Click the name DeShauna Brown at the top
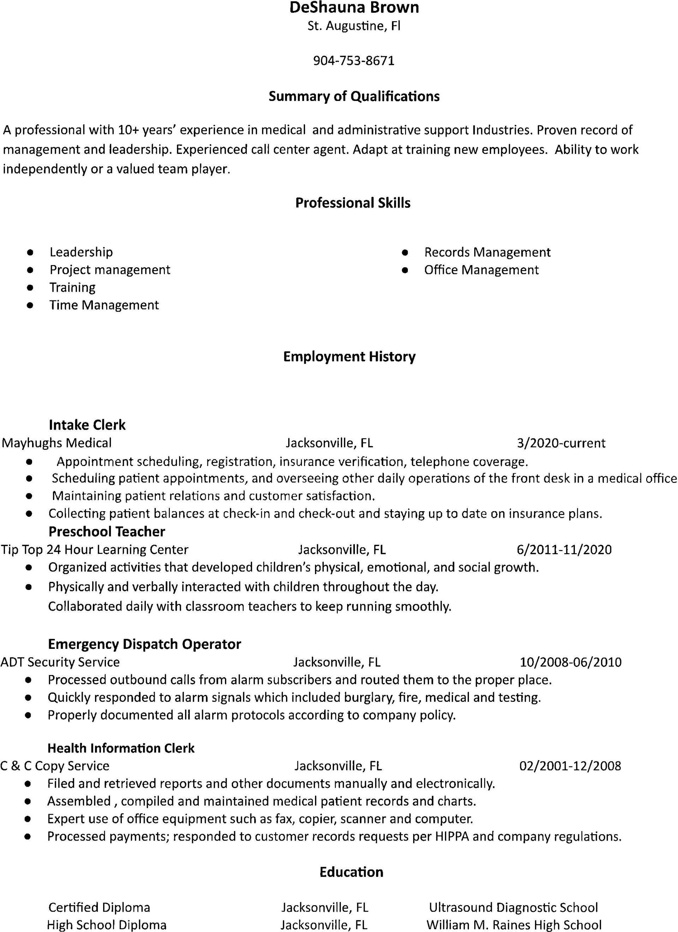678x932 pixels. tap(354, 7)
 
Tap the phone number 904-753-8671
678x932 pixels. tap(353, 61)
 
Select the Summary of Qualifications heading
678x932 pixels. tap(354, 96)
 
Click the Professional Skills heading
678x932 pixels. tap(353, 203)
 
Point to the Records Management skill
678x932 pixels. tap(487, 252)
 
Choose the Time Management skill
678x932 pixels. tap(104, 305)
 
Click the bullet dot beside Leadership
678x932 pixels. tap(30, 252)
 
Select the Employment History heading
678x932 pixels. tap(349, 356)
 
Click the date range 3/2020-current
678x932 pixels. tap(561, 443)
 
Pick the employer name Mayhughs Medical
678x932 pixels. tap(57, 443)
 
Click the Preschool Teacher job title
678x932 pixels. tap(107, 531)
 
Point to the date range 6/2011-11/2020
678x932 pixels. tap(564, 549)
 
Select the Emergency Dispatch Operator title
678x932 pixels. tap(144, 644)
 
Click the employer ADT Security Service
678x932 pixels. tap(60, 662)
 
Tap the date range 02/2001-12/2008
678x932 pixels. tap(570, 766)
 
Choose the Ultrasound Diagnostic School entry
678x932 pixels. tap(513, 907)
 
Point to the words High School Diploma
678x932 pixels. tap(107, 925)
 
